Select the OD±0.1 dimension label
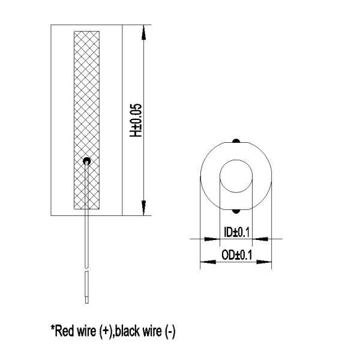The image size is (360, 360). tap(235, 255)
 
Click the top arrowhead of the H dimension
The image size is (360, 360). tap(144, 33)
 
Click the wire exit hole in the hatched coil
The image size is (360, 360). tap(88, 160)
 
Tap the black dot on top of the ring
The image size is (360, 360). tap(236, 142)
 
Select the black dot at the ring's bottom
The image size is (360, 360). tap(236, 211)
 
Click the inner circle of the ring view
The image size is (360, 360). tap(236, 176)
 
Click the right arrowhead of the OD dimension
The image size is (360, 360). tap(266, 262)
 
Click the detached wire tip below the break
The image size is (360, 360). tap(88, 288)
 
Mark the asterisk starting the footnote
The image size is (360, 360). tap(52, 328)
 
